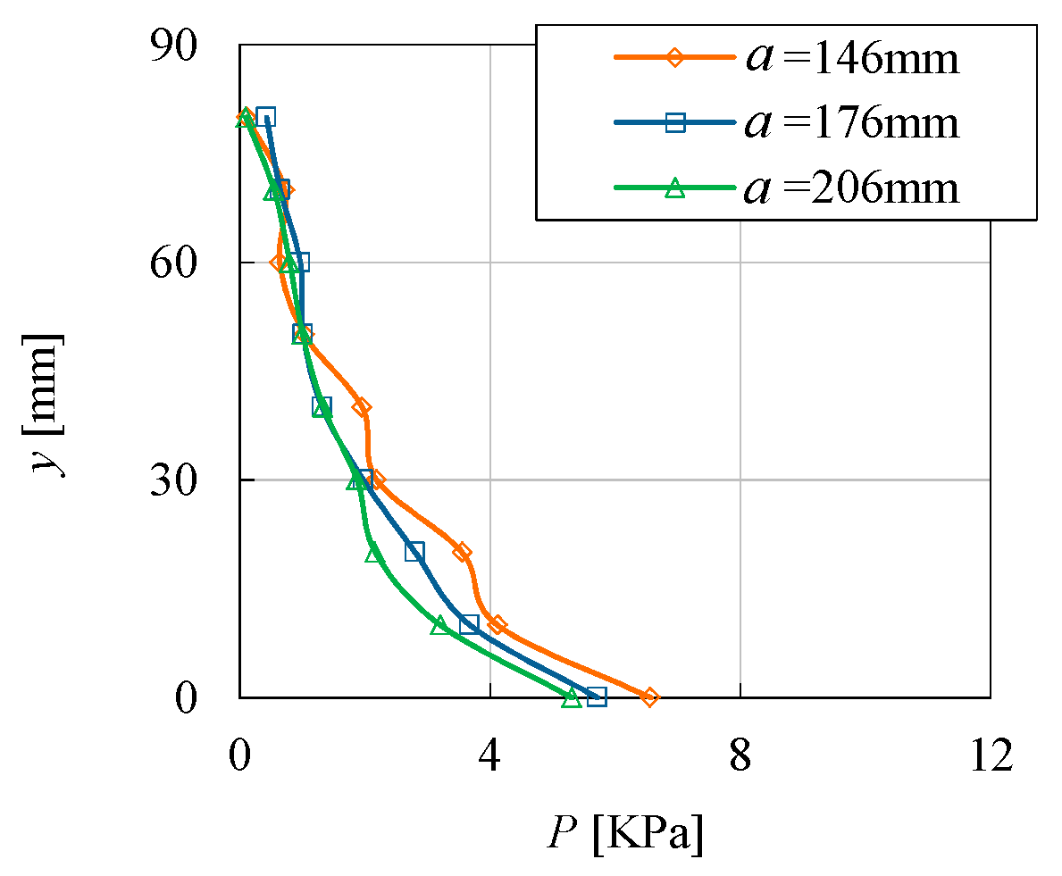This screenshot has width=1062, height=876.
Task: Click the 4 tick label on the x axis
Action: pos(489,755)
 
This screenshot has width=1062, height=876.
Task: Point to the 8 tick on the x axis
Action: pos(740,755)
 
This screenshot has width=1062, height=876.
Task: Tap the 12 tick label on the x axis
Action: pos(990,755)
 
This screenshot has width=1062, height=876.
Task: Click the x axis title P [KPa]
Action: pos(625,834)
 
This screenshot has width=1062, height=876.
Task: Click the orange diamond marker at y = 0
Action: pos(649,697)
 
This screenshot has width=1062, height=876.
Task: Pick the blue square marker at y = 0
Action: pos(597,697)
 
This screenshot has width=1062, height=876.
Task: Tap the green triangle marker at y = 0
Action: pos(572,698)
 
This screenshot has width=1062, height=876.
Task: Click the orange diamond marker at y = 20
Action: pos(461,552)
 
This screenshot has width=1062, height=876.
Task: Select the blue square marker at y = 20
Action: pos(414,552)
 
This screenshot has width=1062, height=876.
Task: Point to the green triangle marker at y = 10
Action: pos(439,625)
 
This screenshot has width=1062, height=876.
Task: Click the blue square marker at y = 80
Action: pos(265,117)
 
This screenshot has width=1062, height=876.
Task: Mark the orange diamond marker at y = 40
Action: pos(361,407)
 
